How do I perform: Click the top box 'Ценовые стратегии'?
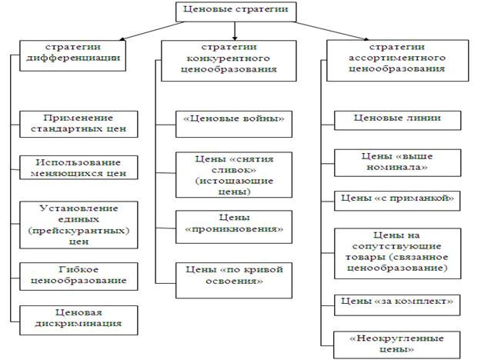[x=235, y=12]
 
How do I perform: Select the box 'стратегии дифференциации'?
[x=72, y=55]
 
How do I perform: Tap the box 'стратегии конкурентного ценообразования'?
[x=229, y=61]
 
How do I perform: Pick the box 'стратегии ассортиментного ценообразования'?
[x=398, y=61]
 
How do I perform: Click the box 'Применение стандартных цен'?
[x=78, y=124]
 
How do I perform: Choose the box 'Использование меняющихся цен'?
[x=78, y=168]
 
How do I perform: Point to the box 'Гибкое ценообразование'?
[x=78, y=276]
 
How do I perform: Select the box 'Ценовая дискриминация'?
[x=78, y=320]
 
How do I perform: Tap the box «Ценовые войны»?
[x=234, y=124]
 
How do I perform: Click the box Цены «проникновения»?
[x=234, y=227]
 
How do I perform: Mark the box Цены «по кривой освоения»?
[x=234, y=280]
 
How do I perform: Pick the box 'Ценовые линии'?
[x=398, y=121]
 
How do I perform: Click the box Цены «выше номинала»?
[x=398, y=163]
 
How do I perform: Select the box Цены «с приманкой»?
[x=397, y=202]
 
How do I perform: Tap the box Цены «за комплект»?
[x=397, y=305]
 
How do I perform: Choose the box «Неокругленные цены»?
[x=397, y=345]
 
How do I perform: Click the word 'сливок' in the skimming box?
[x=234, y=170]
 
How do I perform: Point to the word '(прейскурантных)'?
[x=78, y=231]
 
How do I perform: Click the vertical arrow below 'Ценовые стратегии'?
[x=235, y=31]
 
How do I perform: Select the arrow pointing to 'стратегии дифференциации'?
[x=152, y=31]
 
